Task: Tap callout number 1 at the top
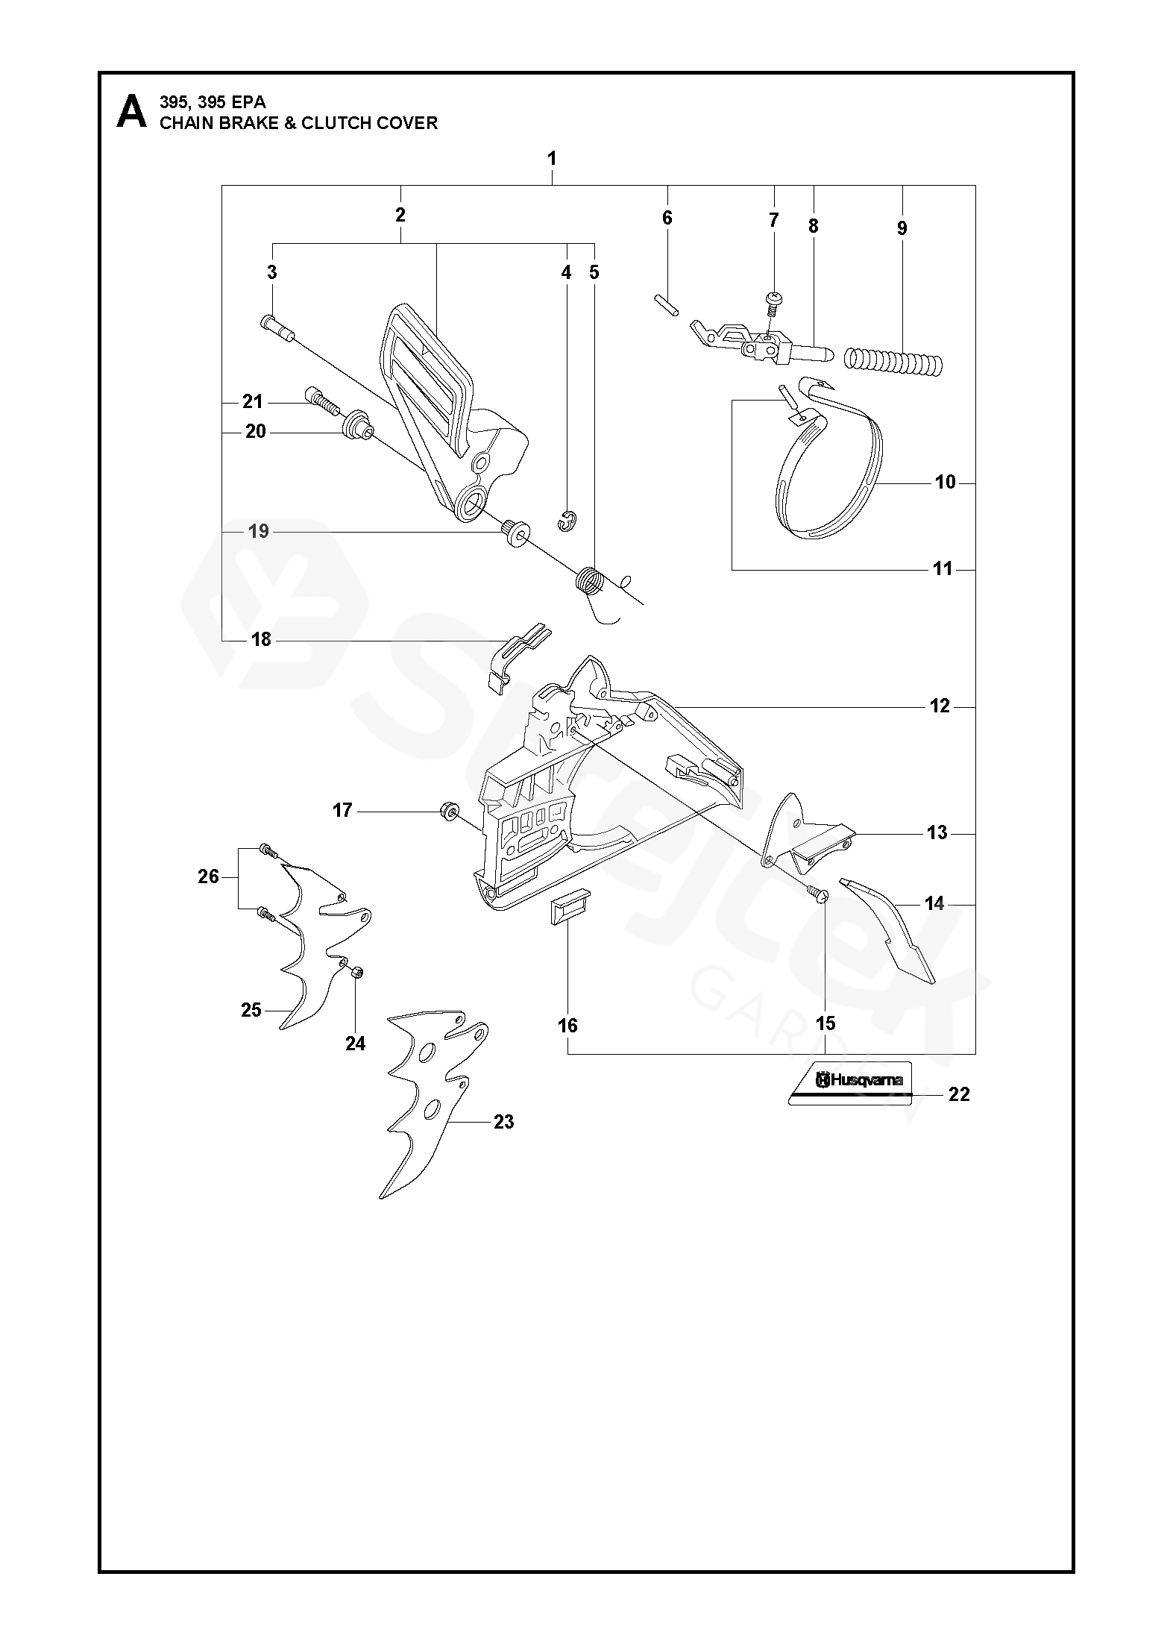[x=552, y=158]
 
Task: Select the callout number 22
[x=959, y=1094]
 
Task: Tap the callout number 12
[x=940, y=705]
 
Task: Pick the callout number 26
[x=209, y=876]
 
